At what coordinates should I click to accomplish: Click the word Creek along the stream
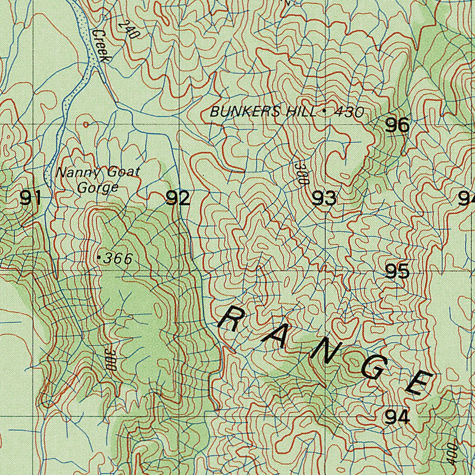pos(100,46)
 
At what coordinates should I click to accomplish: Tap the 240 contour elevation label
pos(126,30)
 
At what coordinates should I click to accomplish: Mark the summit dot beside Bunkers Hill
pos(323,111)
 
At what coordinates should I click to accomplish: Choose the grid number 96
pos(398,125)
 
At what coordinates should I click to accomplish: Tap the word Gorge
pos(98,188)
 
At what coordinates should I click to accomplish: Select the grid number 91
pos(31,199)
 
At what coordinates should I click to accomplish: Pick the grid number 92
pos(178,199)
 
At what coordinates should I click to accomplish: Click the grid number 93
pos(324,199)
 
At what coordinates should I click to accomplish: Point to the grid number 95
pos(398,271)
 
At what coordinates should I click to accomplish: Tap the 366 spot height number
pos(118,258)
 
